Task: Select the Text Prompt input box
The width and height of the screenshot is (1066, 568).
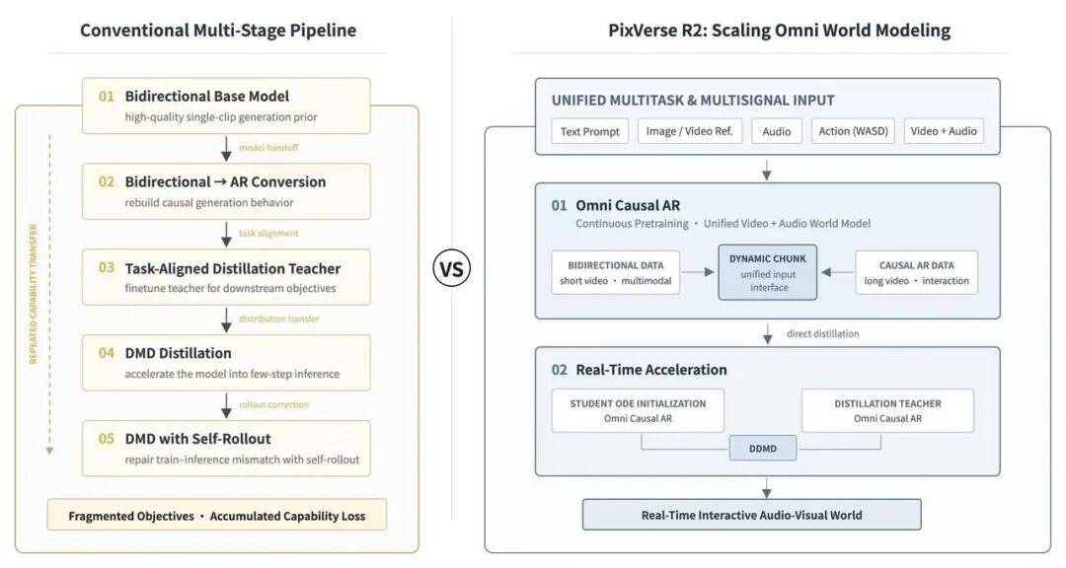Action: tap(589, 131)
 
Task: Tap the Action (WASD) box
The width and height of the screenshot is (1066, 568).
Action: tap(853, 131)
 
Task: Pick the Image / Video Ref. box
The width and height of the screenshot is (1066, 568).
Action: tap(689, 131)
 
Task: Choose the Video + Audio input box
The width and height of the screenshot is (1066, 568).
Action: tap(944, 131)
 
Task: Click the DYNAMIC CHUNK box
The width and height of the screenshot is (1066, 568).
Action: tap(768, 272)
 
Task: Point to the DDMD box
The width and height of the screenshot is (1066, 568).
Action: tap(763, 449)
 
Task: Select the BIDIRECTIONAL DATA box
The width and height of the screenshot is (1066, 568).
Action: tap(615, 272)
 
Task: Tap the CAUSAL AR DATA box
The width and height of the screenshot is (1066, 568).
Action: tap(916, 272)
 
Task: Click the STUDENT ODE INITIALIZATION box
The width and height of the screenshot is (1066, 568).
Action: tap(638, 410)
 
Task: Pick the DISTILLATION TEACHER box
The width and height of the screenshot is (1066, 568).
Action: tap(888, 410)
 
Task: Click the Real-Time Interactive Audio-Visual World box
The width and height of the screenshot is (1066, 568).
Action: tap(752, 515)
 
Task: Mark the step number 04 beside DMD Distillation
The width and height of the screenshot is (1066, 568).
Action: tap(106, 353)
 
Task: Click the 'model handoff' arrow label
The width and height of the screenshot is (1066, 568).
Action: tap(268, 148)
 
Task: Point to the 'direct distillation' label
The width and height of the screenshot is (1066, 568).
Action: tap(822, 333)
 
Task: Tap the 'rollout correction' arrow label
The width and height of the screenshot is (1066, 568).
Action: tap(273, 404)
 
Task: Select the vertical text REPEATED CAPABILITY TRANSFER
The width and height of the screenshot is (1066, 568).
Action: tap(34, 294)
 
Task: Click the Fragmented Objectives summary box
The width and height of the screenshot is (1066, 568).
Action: tap(217, 515)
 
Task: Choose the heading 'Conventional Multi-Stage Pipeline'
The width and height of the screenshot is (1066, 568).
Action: tap(218, 31)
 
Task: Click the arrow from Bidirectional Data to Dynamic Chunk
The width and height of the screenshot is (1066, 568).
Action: tap(698, 272)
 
